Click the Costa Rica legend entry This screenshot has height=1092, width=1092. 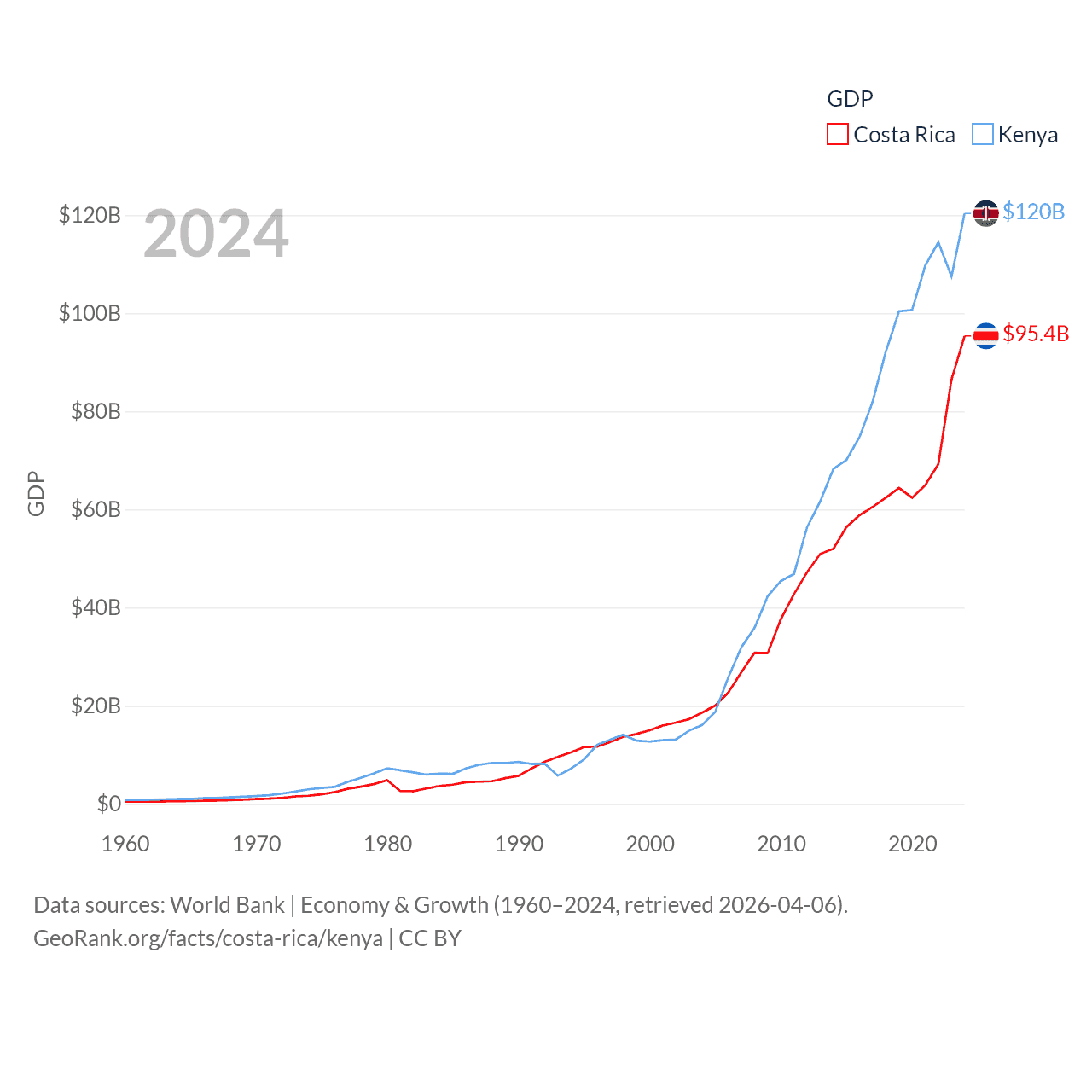(892, 135)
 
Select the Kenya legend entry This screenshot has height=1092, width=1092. (1015, 135)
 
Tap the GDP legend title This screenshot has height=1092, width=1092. (850, 99)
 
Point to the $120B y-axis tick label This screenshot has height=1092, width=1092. (90, 215)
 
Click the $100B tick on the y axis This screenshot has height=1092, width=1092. (90, 313)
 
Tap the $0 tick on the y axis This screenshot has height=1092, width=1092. (108, 804)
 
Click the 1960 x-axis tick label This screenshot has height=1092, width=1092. (125, 844)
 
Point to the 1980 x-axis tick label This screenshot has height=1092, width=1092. (387, 844)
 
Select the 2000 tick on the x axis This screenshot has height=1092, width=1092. (650, 844)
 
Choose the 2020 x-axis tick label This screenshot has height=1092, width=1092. (912, 844)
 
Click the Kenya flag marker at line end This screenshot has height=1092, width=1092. (985, 212)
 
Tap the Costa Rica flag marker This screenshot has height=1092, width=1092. (985, 335)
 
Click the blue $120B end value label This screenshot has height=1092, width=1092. (1033, 212)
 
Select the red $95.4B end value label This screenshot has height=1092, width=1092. (1036, 334)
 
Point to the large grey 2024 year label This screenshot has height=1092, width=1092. (216, 234)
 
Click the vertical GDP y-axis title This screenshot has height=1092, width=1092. (36, 493)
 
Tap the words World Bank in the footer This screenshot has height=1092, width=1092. (227, 904)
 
